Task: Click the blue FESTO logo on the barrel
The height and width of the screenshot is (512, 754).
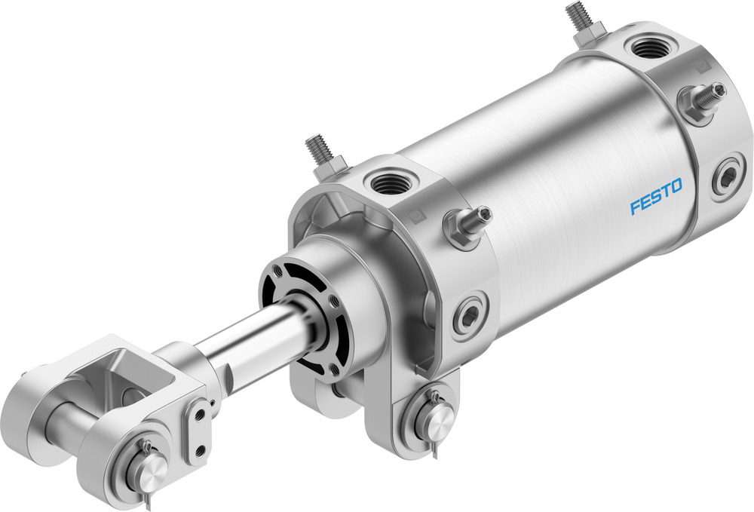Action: (656, 197)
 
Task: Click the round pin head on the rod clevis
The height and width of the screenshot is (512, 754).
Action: (149, 470)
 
